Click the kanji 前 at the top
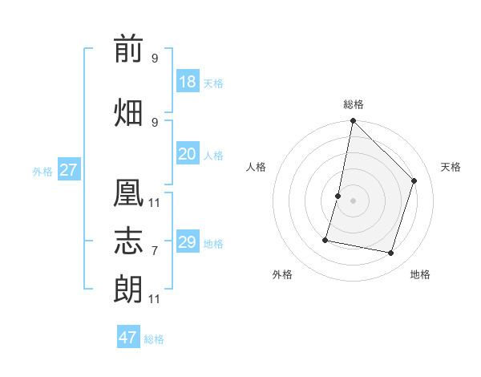coord(128,48)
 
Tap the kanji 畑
coord(128,112)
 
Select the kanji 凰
coord(128,193)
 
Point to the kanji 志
coord(128,241)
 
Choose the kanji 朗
coord(128,289)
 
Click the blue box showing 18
coord(188,81)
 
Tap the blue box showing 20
coord(188,153)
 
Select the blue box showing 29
coord(188,241)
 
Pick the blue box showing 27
coord(69,169)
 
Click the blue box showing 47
coord(128,336)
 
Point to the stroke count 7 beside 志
coord(155,251)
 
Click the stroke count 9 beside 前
coord(155,58)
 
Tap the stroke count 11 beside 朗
coord(154,299)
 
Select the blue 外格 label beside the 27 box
coord(42,172)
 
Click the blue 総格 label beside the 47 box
coord(154,339)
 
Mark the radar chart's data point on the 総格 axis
coord(353,120)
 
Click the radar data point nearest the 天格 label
coord(414,180)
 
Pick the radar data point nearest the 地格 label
coord(390,253)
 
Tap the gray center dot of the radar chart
coord(353,201)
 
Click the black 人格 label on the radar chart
coord(256,167)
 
